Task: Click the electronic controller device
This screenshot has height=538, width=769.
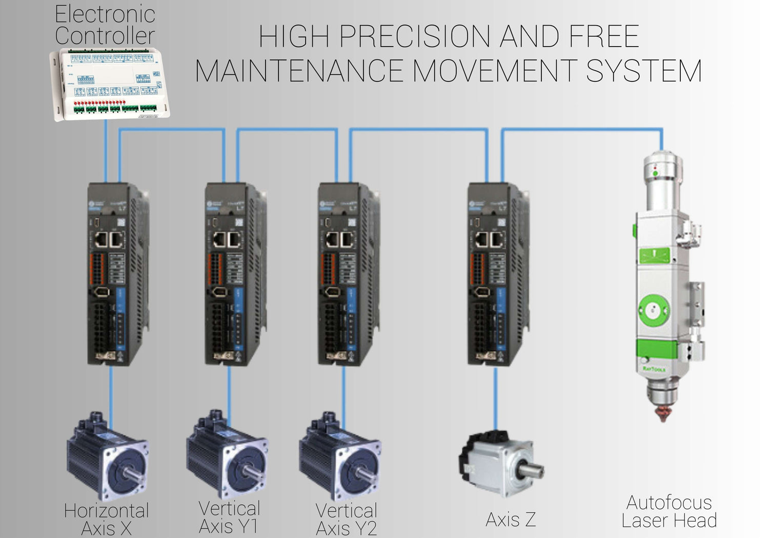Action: [110, 84]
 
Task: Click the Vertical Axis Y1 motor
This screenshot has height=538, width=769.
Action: [227, 453]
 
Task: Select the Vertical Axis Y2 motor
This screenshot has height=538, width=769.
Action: [340, 455]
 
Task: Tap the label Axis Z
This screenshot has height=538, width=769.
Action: [511, 520]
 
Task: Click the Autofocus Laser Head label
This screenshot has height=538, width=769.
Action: [669, 511]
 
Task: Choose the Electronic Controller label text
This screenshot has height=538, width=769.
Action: [105, 25]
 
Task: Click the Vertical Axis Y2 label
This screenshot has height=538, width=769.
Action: [347, 519]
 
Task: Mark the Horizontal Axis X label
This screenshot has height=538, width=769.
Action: [107, 519]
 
